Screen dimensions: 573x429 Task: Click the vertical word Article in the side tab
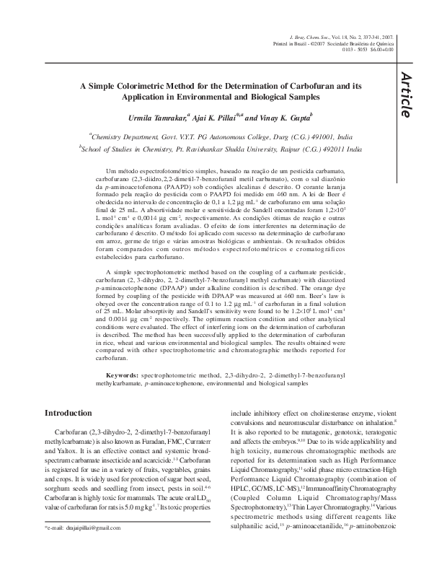tap(406, 95)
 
